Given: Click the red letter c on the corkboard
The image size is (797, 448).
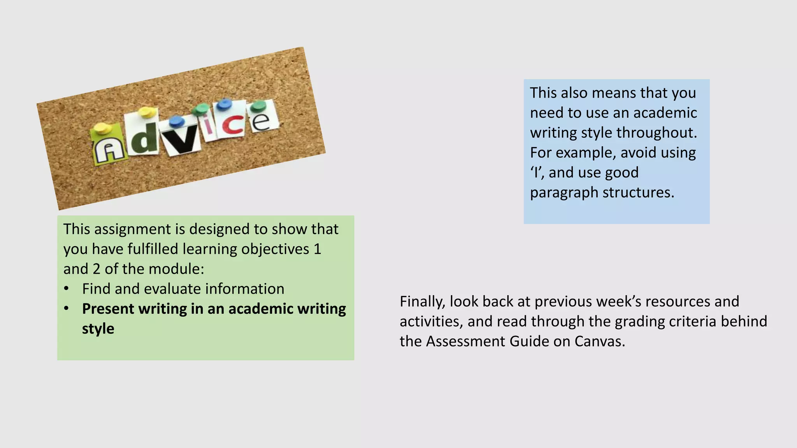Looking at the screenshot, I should coord(232,125).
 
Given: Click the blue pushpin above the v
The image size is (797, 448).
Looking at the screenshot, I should coord(177,120).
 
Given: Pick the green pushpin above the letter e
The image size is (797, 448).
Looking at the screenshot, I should coord(258,106).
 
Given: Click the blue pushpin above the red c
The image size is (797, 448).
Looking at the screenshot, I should coord(224,104).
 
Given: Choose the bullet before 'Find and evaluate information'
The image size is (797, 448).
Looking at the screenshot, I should coord(67,289).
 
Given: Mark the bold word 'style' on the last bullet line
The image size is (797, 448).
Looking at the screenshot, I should coord(98,329).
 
